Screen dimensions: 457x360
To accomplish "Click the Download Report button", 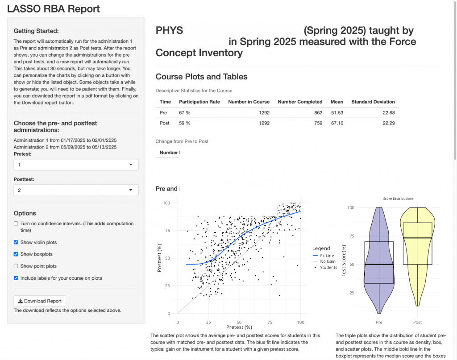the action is (x=40, y=301).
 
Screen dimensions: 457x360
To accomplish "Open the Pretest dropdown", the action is (x=76, y=165).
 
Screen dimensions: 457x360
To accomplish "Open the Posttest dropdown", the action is (x=76, y=190).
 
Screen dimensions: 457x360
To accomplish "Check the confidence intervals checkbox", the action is (x=16, y=223).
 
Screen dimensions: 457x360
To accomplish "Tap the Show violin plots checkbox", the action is (x=16, y=242).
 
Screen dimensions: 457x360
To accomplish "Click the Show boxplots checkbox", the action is (x=16, y=254).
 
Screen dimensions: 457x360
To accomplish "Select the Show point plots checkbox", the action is (x=16, y=266).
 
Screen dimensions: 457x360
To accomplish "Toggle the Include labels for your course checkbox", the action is (x=16, y=278).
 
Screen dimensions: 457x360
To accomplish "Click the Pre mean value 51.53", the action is (x=337, y=113).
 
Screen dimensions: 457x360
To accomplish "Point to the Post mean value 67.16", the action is (x=337, y=123).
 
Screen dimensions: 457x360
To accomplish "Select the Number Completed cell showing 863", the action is (x=318, y=113).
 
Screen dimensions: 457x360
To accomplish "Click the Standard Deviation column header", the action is (x=373, y=102).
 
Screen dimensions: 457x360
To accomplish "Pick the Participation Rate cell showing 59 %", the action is (x=184, y=123).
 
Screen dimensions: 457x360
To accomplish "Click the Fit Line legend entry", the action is (x=324, y=256).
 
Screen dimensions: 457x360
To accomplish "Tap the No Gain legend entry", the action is (x=324, y=261).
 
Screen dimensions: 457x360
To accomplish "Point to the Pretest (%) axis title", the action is (x=239, y=327).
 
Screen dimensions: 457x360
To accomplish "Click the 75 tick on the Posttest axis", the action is (x=167, y=230).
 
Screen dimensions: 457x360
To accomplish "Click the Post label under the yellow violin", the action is (x=417, y=322).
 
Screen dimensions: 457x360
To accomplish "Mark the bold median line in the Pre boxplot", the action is (x=379, y=265).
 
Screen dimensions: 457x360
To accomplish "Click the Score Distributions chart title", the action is (x=398, y=199).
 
